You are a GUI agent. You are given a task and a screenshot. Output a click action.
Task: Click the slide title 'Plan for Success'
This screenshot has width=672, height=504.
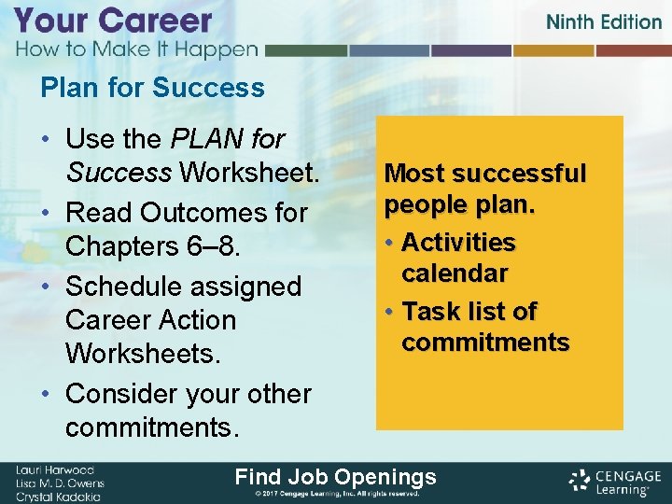click(152, 88)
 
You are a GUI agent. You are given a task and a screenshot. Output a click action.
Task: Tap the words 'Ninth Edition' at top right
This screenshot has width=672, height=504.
click(603, 21)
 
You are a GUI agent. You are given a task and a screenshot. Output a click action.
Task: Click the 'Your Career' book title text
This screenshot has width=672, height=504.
click(113, 21)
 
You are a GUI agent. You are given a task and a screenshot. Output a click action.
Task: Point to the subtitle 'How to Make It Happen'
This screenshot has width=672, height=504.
click(135, 49)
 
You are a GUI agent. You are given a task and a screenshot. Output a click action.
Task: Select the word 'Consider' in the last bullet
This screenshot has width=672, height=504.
click(123, 394)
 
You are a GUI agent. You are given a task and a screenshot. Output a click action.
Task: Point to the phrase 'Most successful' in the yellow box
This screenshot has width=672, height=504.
click(485, 174)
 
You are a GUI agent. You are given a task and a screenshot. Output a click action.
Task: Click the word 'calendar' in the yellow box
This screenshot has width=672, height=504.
click(455, 273)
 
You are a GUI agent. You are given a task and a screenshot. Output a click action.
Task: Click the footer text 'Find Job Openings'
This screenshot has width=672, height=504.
click(335, 477)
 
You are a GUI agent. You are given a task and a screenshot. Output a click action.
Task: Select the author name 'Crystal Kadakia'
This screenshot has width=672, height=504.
click(59, 495)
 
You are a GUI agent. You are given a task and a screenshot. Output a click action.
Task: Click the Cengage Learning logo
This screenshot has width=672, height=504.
click(612, 481)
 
